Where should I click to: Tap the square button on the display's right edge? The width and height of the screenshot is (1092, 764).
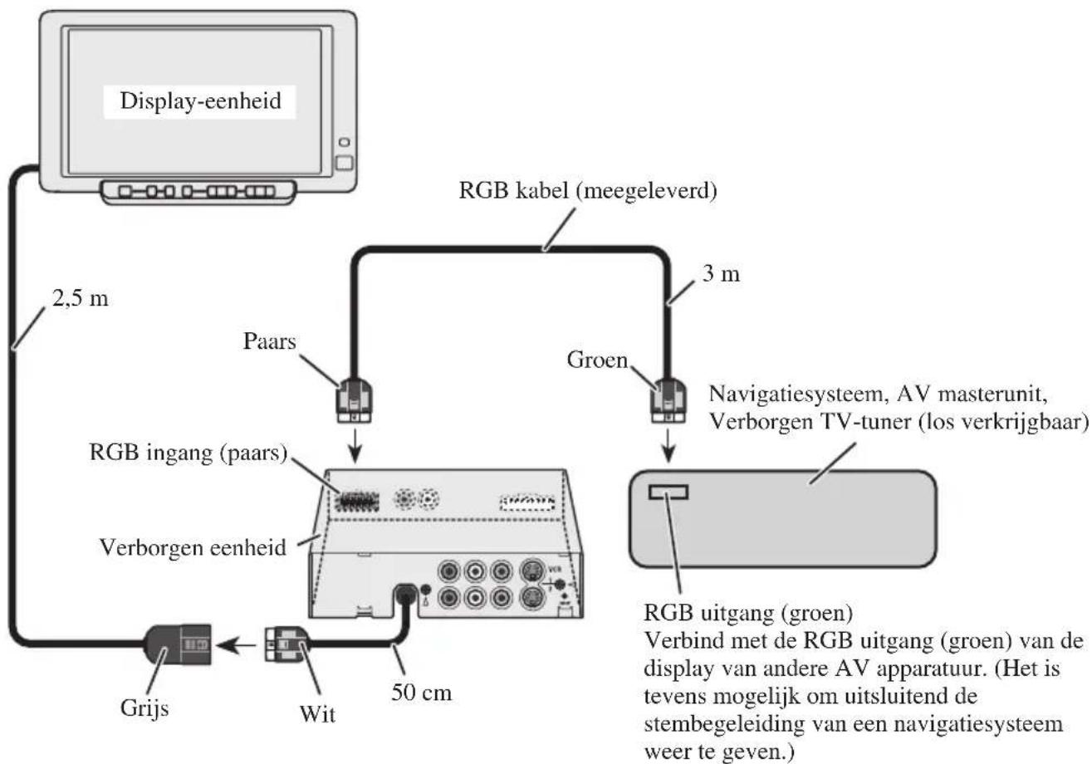coord(345,163)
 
